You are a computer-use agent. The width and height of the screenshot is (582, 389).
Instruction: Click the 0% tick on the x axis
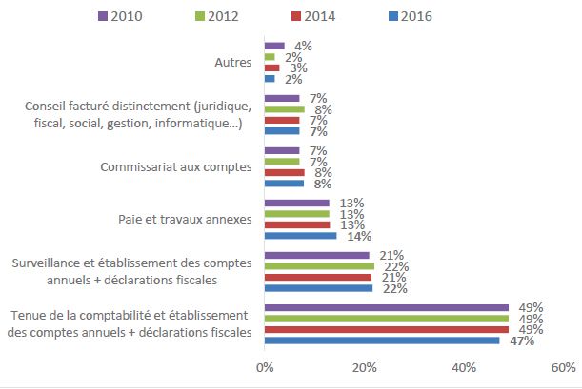[265, 367]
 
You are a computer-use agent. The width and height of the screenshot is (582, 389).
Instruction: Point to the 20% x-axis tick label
[364, 367]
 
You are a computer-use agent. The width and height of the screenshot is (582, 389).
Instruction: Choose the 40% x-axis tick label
[464, 367]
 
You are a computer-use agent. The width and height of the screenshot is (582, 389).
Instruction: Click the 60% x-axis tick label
[563, 367]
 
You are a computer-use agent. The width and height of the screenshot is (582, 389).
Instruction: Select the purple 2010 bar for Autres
[274, 46]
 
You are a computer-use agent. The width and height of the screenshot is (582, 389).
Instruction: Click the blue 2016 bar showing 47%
[382, 340]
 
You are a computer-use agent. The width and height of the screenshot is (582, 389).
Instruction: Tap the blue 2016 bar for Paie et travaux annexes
[300, 235]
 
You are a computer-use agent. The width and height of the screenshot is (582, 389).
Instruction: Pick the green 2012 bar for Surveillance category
[319, 266]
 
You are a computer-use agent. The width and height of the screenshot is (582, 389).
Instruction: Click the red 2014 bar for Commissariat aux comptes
[285, 172]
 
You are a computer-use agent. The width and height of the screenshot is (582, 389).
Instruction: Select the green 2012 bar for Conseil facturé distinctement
[285, 109]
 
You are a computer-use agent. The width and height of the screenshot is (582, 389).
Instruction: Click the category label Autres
[233, 63]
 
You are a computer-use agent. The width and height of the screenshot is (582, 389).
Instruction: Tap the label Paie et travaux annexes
[198, 220]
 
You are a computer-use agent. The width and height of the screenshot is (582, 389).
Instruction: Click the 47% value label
[515, 340]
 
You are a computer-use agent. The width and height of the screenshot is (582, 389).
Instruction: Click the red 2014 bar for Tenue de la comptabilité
[387, 329]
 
